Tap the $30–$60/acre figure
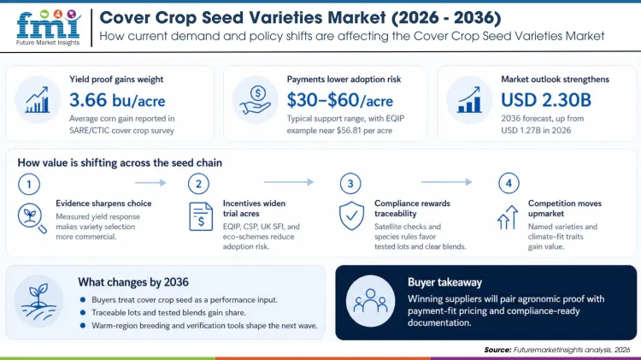(335, 99)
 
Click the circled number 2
(197, 182)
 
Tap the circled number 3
(349, 182)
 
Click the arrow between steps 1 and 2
(150, 182)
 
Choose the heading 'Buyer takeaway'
(444, 281)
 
